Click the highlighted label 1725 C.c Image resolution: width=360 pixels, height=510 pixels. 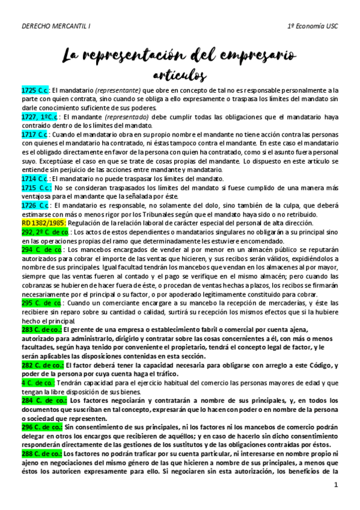click(x=35, y=90)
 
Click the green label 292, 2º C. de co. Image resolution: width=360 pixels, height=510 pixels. click(x=45, y=232)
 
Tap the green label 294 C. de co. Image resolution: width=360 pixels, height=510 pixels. click(x=41, y=249)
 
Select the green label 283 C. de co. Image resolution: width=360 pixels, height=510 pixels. click(x=41, y=330)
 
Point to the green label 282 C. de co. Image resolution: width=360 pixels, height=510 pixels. click(x=41, y=364)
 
